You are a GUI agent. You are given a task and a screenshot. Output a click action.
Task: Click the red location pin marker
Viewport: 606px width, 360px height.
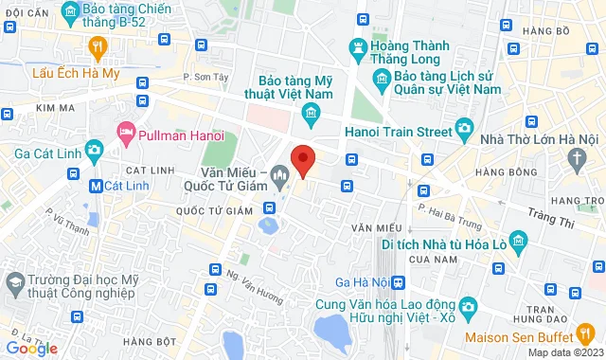pos(302,159)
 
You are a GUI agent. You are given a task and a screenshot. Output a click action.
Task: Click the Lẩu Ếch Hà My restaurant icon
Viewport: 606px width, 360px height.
pos(97,46)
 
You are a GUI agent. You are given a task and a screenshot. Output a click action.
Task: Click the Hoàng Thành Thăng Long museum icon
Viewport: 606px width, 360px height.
pos(359,45)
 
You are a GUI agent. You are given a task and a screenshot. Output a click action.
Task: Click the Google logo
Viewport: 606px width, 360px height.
pos(30,349)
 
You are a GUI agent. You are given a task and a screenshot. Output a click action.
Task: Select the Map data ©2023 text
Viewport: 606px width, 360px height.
pos(563,352)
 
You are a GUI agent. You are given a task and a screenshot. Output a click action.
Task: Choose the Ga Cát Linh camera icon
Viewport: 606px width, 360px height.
pos(94,150)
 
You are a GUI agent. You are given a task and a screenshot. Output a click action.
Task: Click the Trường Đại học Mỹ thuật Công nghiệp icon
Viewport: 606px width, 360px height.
pos(14,282)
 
